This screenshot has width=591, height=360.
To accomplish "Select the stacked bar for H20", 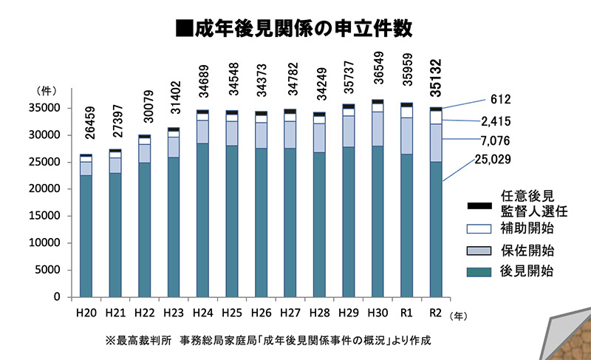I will coord(86,225).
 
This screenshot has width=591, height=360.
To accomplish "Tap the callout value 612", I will coord(500,99).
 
